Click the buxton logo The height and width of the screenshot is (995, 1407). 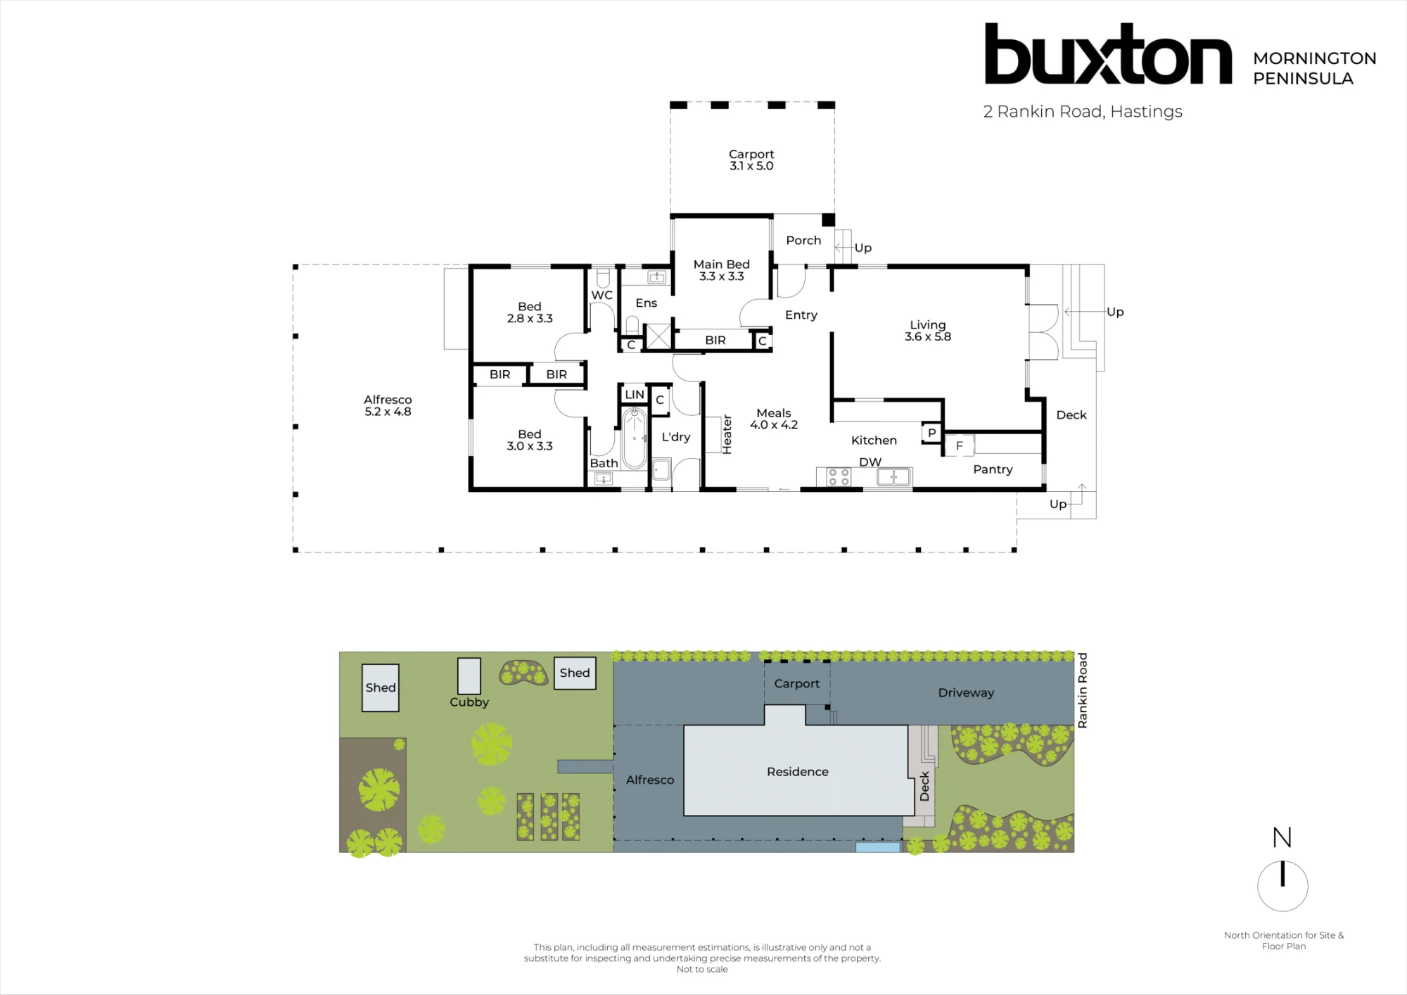[1108, 54]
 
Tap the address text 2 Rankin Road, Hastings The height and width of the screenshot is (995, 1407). [1083, 112]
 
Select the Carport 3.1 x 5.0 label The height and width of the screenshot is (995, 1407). [751, 160]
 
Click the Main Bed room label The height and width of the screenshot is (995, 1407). [722, 270]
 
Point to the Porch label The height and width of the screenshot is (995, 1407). [803, 241]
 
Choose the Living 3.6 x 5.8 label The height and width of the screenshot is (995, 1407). [928, 331]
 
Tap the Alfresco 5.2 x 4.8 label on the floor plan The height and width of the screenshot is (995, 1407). [388, 406]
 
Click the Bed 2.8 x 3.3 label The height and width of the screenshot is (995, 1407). [530, 312]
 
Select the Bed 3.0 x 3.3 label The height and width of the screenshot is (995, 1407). [530, 440]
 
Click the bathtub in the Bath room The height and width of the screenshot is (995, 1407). [635, 438]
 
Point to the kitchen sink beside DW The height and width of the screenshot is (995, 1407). [894, 477]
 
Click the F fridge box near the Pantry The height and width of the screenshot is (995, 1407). [959, 445]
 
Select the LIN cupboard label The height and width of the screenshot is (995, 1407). [635, 395]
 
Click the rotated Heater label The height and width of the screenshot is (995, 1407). [727, 434]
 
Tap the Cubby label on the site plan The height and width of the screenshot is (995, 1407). [469, 702]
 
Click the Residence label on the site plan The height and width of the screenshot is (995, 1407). [798, 772]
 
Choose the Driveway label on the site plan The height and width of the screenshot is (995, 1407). [966, 693]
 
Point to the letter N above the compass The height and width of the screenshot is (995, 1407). [1282, 837]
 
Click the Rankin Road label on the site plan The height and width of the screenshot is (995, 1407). [1083, 690]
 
